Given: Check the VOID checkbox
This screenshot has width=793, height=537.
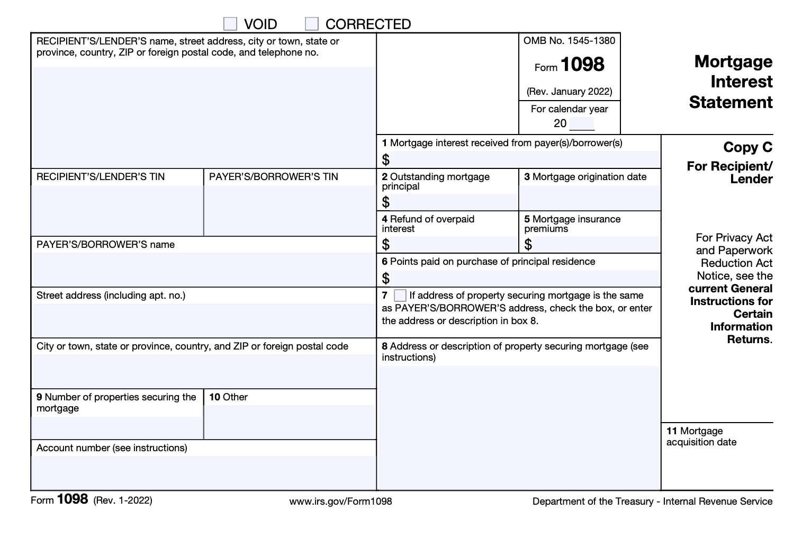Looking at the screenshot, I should (x=230, y=24).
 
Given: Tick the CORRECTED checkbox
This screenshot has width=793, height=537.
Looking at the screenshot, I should (x=312, y=24).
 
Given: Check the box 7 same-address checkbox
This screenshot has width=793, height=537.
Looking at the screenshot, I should (x=400, y=296).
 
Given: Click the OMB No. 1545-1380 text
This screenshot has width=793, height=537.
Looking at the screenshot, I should (x=569, y=41).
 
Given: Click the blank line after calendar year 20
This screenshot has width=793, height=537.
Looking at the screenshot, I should (x=582, y=124).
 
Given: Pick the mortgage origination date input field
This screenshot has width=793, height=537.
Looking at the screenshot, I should (x=590, y=198).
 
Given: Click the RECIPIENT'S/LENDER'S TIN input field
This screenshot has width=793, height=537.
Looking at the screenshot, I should (x=117, y=210).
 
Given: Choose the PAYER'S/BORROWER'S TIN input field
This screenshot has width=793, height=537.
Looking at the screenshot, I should (x=290, y=210).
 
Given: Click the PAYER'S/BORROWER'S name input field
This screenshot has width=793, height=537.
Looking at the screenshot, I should (x=204, y=269).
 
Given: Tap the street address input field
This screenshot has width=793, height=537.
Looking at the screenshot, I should (x=204, y=320).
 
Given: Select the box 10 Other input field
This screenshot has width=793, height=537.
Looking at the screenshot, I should (x=290, y=422).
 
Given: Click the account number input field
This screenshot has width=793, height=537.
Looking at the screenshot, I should (x=204, y=472).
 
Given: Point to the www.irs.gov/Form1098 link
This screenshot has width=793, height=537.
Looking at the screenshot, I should (x=340, y=501).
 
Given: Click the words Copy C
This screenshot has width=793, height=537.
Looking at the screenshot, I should (x=747, y=147).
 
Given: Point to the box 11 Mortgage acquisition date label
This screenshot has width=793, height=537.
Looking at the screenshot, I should (x=701, y=436).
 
